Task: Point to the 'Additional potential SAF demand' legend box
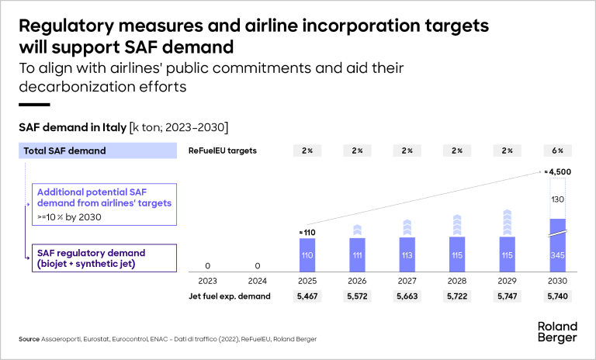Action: tap(105, 203)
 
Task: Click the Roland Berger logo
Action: tap(556, 331)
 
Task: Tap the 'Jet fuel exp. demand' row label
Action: tap(230, 296)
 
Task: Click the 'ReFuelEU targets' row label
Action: tap(223, 150)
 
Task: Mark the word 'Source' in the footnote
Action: tap(29, 340)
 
